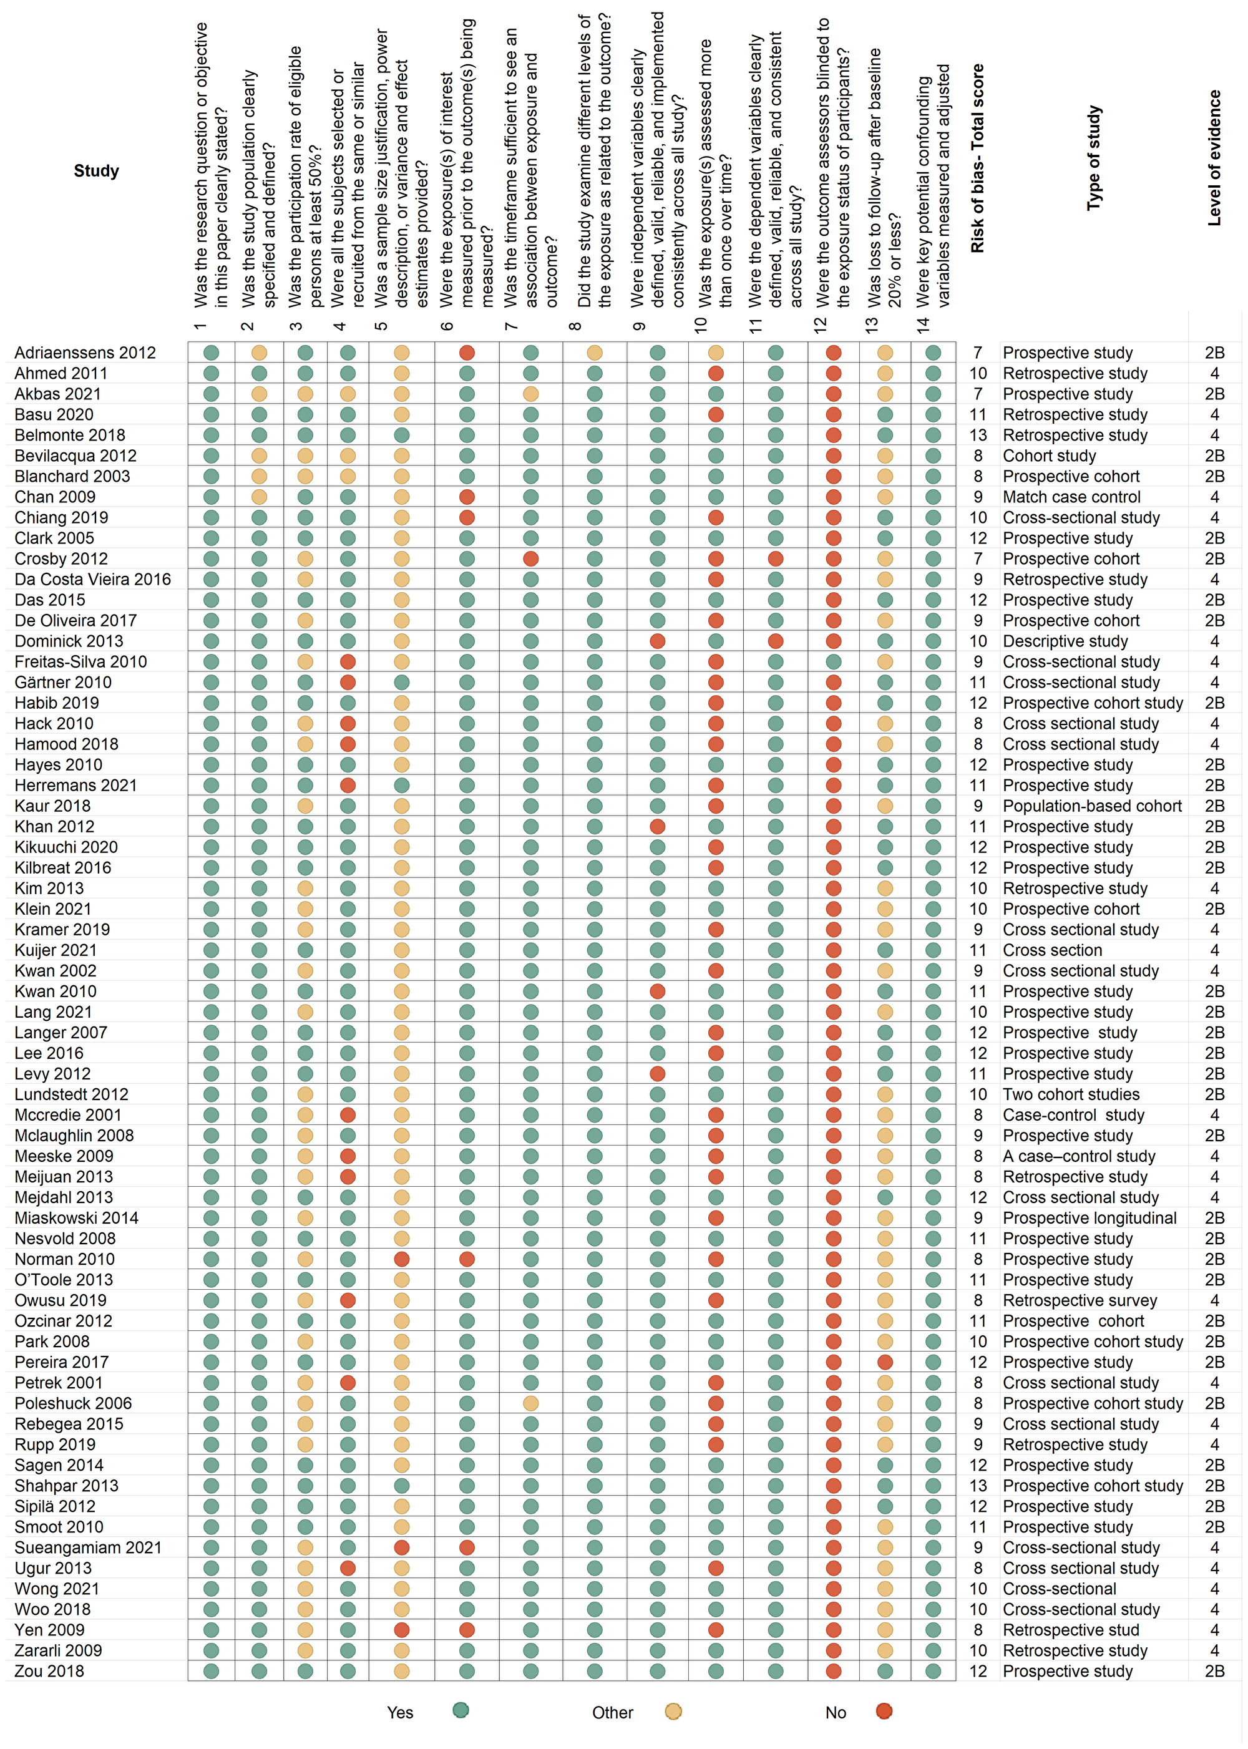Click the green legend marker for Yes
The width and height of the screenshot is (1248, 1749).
(461, 1710)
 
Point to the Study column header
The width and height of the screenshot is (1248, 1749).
(96, 170)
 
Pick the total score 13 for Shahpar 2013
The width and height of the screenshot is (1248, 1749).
(978, 1486)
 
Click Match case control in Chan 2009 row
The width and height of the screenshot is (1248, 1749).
(1071, 497)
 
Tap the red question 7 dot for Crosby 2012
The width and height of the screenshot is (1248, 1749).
(530, 558)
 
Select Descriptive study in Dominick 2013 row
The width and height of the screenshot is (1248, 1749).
(1065, 641)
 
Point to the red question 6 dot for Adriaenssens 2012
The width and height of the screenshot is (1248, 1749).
(467, 353)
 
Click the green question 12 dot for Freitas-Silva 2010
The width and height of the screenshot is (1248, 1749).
(833, 661)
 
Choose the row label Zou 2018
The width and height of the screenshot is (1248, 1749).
(49, 1670)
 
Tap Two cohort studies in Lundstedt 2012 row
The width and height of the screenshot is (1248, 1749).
(1071, 1094)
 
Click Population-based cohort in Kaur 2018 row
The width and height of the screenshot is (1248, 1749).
(1092, 806)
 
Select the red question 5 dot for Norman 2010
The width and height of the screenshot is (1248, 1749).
(401, 1259)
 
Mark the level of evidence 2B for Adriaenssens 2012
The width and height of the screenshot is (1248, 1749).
(1214, 353)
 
